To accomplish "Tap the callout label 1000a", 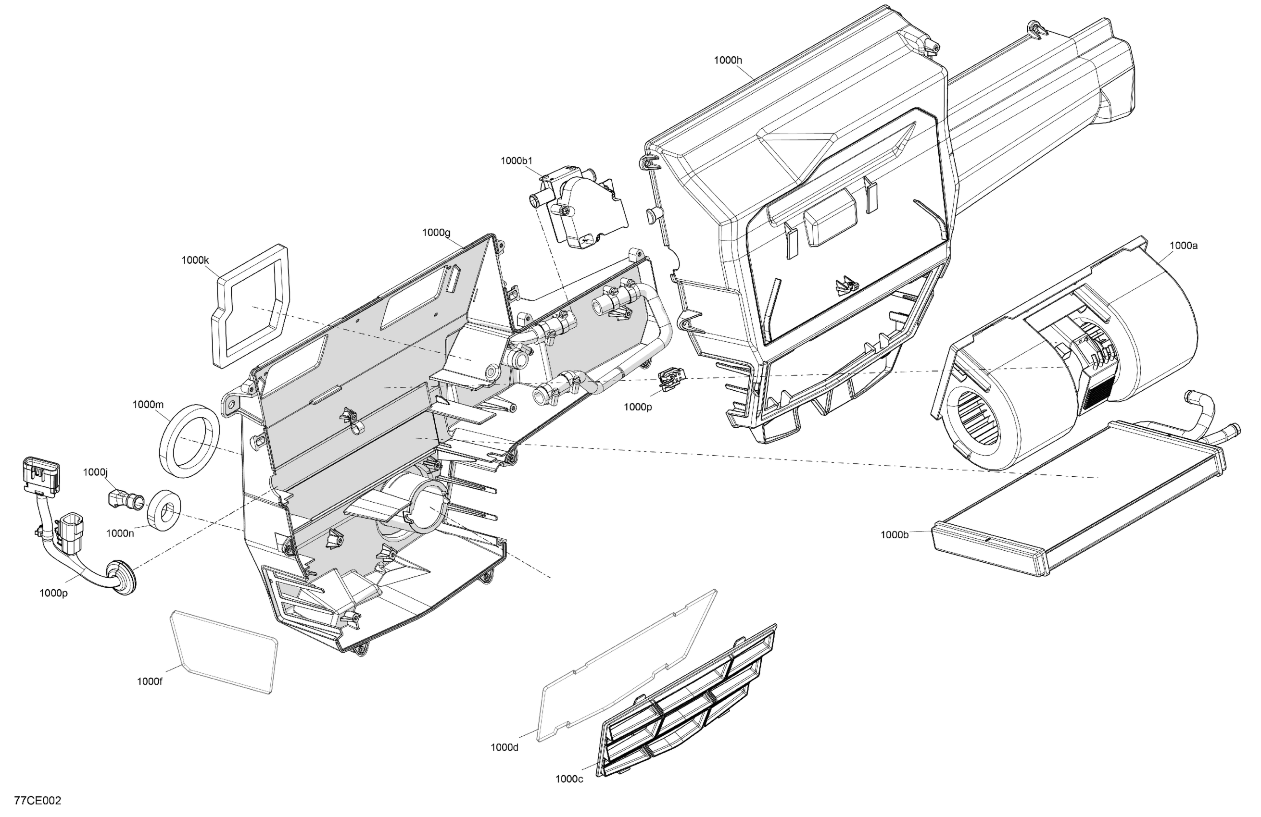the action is pos(1183,246).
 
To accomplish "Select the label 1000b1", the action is pos(516,161).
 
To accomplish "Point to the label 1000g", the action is pos(436,233).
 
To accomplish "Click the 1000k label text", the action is pos(195,260).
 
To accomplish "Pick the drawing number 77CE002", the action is pos(38,801).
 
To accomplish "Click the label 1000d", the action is pos(504,747).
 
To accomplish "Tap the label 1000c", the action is pos(569,779).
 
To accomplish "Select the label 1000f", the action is pos(150,681).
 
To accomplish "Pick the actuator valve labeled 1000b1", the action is pos(580,209).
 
